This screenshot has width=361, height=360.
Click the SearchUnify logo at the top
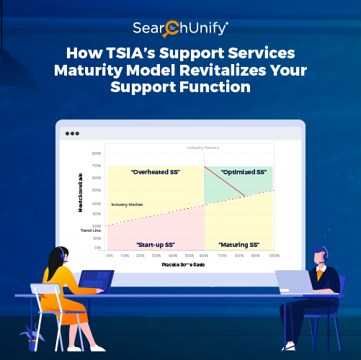[180, 29]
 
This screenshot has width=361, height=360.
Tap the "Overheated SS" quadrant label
[155, 172]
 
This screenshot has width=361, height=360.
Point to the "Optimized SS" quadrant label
[244, 172]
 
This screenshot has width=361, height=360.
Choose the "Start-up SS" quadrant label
[155, 245]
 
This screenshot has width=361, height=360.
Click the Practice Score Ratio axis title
[190, 265]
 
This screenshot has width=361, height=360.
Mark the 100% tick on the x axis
[274, 255]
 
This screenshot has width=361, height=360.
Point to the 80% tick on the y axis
[96, 153]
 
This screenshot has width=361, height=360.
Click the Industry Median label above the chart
[201, 147]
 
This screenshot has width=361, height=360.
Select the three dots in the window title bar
[72, 134]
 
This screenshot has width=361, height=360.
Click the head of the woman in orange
[57, 256]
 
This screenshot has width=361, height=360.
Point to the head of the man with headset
[321, 256]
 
